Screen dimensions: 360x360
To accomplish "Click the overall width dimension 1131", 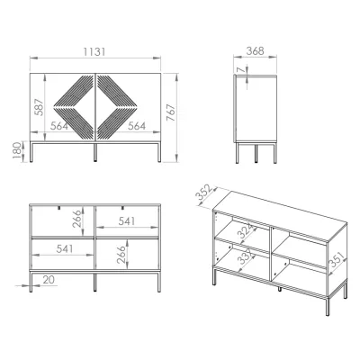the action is [94, 52].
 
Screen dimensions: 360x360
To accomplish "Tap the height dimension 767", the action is [171, 112].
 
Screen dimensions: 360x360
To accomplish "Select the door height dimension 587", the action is [40, 106].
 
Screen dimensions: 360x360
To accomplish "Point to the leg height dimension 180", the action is [17, 150].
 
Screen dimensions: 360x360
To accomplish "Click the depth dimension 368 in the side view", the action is [255, 51].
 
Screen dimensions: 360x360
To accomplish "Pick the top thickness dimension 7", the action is [240, 69].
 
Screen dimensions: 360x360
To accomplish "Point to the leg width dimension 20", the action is [49, 280].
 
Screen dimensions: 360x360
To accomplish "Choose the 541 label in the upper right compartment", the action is [126, 221].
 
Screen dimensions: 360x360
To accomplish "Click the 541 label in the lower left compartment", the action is [65, 248].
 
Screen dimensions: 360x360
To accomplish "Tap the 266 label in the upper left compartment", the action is [76, 219].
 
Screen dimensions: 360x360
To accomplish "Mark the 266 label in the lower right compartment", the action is [121, 255].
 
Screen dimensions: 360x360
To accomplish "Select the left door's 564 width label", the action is [59, 126].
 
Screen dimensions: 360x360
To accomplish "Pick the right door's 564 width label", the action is [137, 126].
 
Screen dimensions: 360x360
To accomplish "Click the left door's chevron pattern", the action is [73, 107].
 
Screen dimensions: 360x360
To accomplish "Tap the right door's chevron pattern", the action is [117, 107].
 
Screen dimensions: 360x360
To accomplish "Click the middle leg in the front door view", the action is [95, 153].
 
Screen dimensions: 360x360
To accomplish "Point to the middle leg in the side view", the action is [256, 154].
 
